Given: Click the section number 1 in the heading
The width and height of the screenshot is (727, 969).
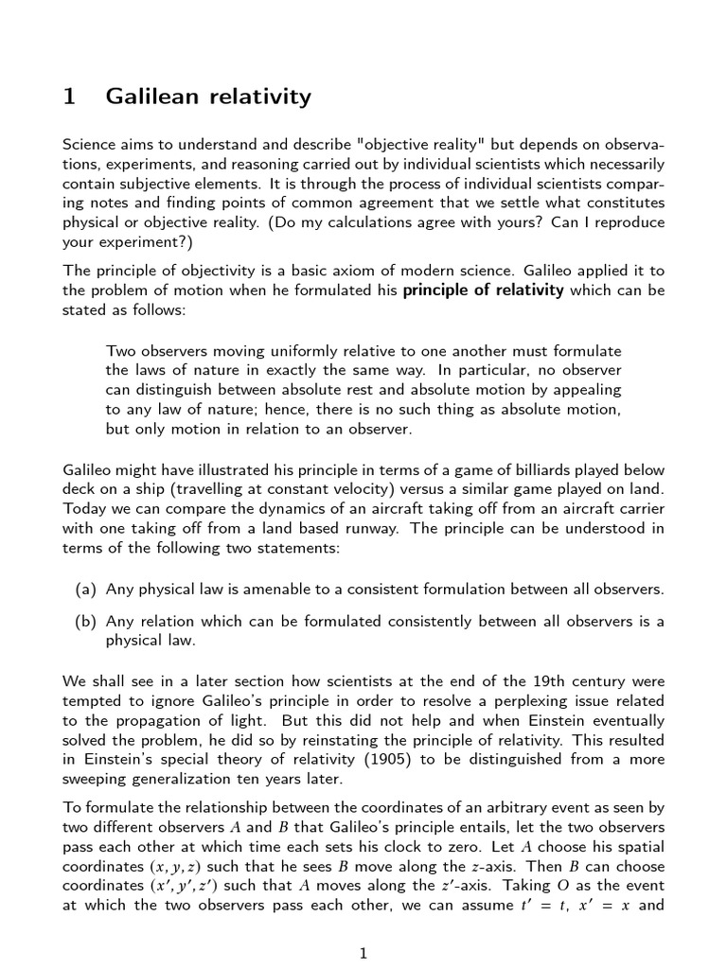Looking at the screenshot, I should click(69, 96).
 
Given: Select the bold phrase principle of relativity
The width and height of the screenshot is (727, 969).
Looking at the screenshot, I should click(483, 291).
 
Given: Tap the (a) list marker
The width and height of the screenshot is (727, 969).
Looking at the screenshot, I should click(86, 590).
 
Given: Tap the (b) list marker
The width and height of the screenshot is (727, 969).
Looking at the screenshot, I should click(86, 621).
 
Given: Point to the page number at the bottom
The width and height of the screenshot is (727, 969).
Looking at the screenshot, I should click(363, 953).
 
